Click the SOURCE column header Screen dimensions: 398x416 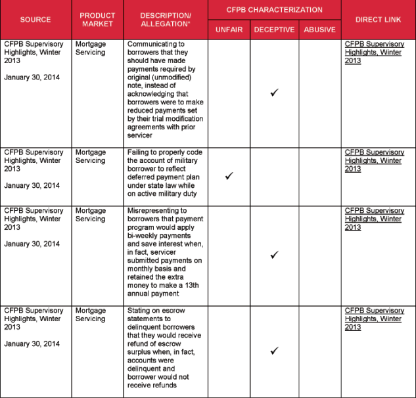click(35, 20)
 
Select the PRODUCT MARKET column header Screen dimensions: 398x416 click(97, 20)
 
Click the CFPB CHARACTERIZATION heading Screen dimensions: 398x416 click(274, 10)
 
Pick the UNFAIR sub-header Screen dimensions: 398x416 click(229, 30)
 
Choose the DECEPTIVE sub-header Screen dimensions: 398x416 click(274, 30)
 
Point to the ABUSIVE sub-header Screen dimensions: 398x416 click(319, 30)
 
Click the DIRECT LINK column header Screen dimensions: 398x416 click(378, 20)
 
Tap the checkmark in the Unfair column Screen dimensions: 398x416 click(229, 176)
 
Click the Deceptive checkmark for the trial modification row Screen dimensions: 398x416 click(274, 93)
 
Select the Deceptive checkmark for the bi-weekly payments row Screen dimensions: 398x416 click(274, 254)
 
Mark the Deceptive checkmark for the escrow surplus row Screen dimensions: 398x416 click(274, 351)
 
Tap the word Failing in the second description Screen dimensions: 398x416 click(139, 152)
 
